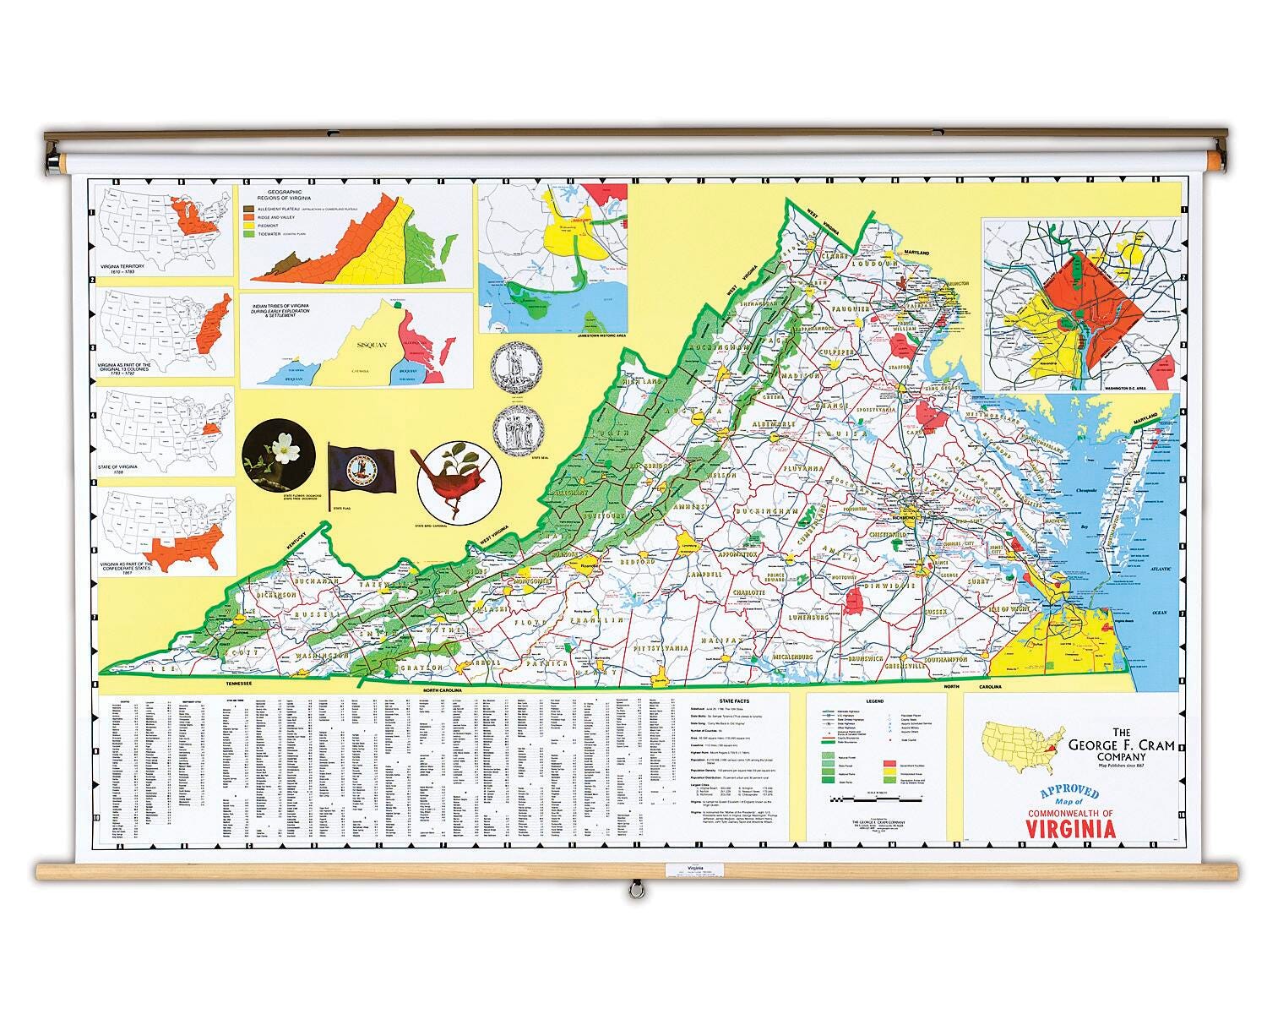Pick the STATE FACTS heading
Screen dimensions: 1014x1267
point(733,701)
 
